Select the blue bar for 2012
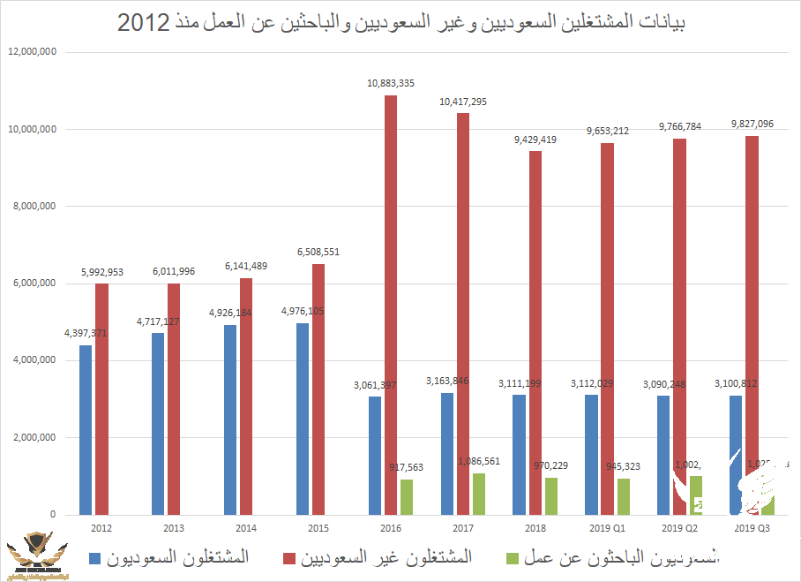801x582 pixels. click(x=86, y=429)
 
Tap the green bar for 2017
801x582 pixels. click(x=479, y=494)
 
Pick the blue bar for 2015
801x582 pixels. click(x=303, y=419)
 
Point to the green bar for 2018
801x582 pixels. click(x=551, y=495)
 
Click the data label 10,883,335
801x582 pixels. click(x=391, y=83)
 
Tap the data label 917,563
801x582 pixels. click(x=407, y=468)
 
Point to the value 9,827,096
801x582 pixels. click(x=752, y=124)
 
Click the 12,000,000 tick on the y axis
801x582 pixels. click(x=32, y=52)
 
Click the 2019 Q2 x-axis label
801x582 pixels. click(x=679, y=527)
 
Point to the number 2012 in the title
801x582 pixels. click(x=143, y=23)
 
